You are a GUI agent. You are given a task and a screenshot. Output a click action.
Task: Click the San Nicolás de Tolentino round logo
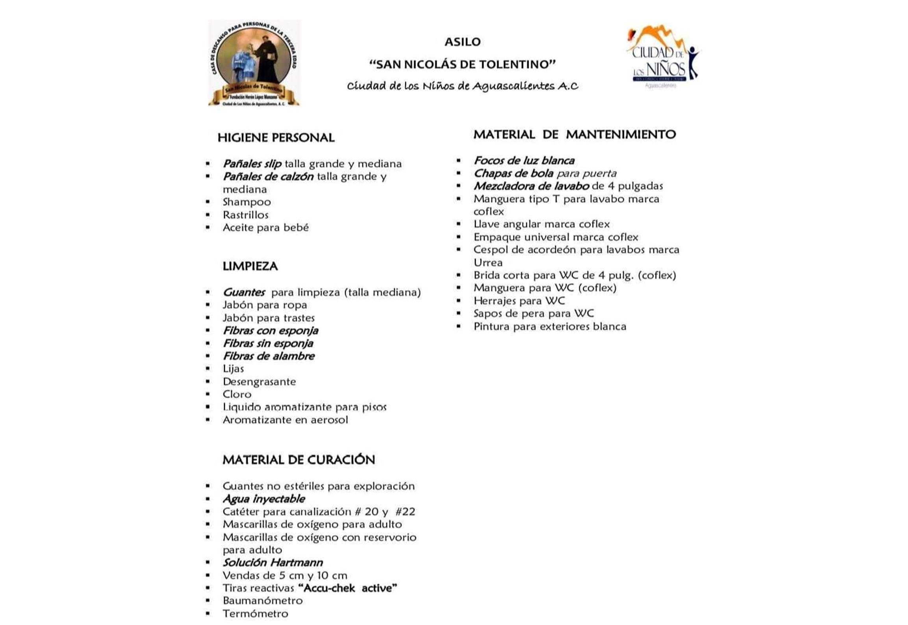click(x=254, y=63)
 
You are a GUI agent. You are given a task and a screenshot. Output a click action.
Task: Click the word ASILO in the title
click(x=462, y=42)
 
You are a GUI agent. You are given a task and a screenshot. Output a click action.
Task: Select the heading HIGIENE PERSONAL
click(x=276, y=138)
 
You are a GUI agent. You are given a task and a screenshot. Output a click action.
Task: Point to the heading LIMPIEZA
click(x=250, y=266)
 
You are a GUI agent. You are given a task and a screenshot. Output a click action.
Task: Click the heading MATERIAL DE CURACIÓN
click(x=298, y=460)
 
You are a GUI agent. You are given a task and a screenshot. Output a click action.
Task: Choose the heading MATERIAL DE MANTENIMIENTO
click(x=574, y=135)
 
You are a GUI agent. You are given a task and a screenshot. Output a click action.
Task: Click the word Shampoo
click(x=246, y=202)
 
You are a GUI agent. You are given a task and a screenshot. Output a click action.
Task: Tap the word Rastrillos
click(x=245, y=215)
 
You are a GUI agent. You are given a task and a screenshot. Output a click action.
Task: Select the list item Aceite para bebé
click(x=265, y=227)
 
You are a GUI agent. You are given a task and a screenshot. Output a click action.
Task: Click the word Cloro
click(x=237, y=394)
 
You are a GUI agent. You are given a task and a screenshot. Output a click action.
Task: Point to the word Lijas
click(x=233, y=369)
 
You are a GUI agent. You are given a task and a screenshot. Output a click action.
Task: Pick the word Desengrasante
click(x=259, y=382)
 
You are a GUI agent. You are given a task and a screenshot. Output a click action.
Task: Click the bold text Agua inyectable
click(x=263, y=499)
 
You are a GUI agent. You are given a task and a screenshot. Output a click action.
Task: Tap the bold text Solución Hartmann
click(x=272, y=562)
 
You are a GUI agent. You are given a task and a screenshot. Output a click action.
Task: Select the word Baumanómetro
click(x=263, y=601)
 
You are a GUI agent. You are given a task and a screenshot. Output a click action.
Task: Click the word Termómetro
click(x=255, y=614)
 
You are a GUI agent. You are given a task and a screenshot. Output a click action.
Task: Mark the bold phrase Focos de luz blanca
click(x=524, y=161)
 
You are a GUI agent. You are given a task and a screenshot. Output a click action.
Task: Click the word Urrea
click(x=488, y=263)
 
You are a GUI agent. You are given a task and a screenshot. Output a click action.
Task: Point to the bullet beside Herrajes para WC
click(x=458, y=301)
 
